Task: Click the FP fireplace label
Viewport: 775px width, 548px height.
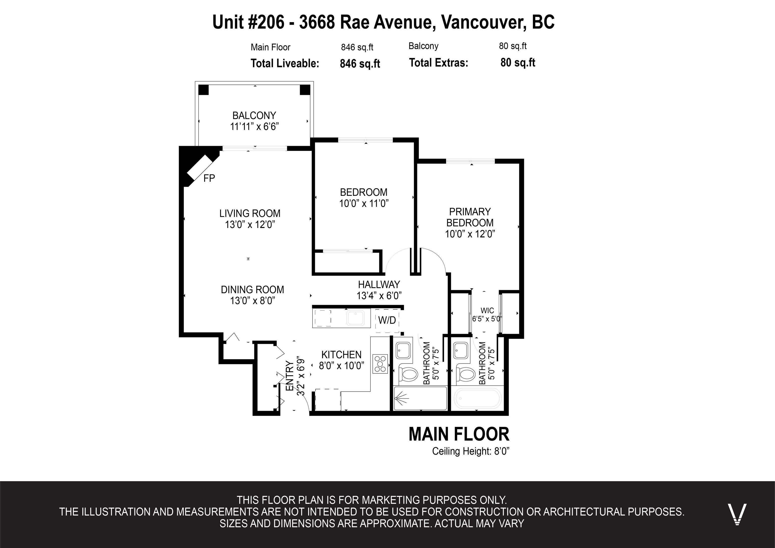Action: [x=209, y=178]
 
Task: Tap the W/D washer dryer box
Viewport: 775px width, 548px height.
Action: [x=387, y=320]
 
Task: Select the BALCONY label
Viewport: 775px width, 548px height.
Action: [x=254, y=116]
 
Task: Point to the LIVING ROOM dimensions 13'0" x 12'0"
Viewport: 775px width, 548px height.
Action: [x=250, y=225]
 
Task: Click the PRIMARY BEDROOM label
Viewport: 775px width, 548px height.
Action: [x=470, y=217]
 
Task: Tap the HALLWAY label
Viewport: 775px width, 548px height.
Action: [x=379, y=284]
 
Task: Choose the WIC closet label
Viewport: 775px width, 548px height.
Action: [x=487, y=311]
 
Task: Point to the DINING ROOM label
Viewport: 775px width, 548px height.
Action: [x=253, y=290]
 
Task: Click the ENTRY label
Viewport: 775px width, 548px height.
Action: [x=290, y=376]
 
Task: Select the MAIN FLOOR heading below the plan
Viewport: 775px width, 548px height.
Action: [x=459, y=434]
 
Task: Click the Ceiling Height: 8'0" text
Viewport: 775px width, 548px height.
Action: [x=470, y=451]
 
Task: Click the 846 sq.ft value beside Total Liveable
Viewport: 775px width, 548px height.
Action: [x=360, y=64]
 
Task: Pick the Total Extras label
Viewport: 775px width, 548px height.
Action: [x=438, y=63]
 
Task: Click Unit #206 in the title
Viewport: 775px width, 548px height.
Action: [x=248, y=22]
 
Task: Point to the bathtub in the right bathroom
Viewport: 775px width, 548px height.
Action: [x=478, y=398]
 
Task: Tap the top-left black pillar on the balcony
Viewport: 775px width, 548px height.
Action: [x=204, y=90]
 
